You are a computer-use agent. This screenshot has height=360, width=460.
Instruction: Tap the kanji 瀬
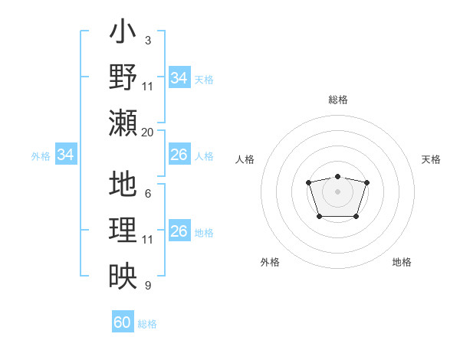point(123,122)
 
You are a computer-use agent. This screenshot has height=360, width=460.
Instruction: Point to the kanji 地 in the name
point(123,185)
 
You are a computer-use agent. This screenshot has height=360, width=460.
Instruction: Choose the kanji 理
point(123,230)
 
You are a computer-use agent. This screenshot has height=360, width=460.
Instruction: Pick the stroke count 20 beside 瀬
point(147,132)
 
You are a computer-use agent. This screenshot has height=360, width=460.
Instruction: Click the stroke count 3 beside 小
point(147,40)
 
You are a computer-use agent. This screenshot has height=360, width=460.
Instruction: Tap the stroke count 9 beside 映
point(147,286)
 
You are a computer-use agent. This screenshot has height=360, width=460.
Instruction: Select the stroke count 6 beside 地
point(147,194)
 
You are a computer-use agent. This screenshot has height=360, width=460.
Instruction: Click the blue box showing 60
point(123,322)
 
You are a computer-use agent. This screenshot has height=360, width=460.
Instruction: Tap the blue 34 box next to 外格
point(66,155)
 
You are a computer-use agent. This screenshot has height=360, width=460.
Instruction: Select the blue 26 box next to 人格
point(179,155)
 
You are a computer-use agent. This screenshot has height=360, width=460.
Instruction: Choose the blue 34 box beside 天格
point(179,78)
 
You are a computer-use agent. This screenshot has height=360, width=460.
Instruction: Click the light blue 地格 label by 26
point(204,233)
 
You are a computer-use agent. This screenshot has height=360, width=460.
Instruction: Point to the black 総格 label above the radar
point(337,100)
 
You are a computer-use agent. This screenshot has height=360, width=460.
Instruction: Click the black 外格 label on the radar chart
point(270,262)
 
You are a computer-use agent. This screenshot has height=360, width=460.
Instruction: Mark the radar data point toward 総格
point(337,177)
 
